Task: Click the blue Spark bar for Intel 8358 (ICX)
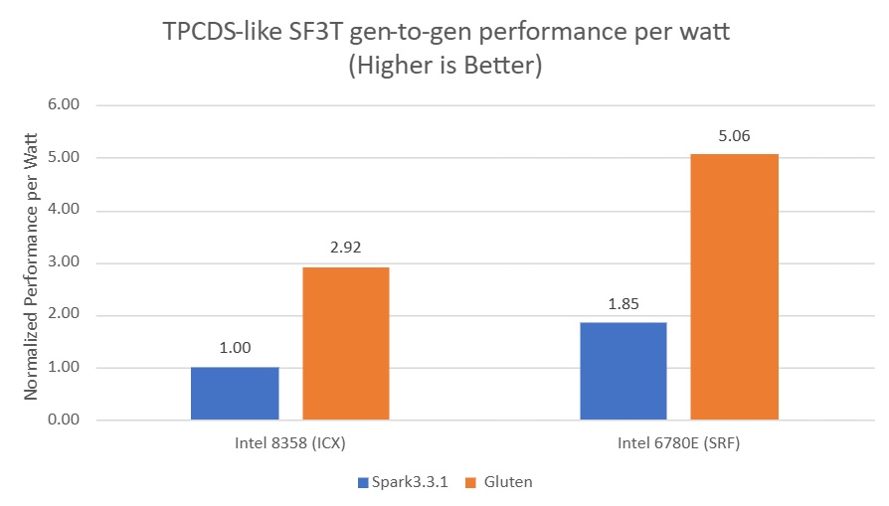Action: coord(235,394)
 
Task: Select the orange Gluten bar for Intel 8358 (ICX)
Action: coord(346,343)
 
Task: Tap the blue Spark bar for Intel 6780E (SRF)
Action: coord(622,371)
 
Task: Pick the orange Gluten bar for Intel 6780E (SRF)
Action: coord(734,286)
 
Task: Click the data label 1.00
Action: coord(235,348)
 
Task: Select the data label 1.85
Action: coord(622,303)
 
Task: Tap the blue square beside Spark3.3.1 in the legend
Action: coord(363,482)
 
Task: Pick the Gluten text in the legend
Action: coord(508,482)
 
